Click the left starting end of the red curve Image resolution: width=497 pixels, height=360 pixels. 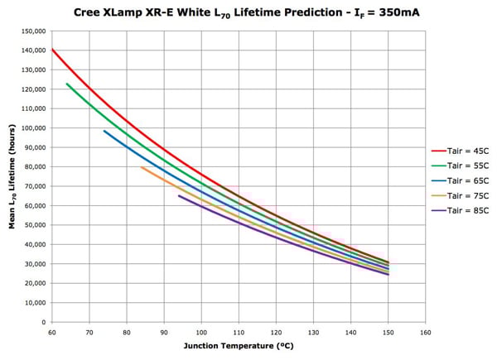(x=52, y=50)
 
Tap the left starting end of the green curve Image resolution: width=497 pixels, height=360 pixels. (x=67, y=84)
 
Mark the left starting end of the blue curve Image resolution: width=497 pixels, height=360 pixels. (x=104, y=131)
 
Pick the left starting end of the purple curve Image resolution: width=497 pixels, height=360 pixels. (x=179, y=195)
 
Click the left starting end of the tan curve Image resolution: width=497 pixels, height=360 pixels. (x=142, y=167)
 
